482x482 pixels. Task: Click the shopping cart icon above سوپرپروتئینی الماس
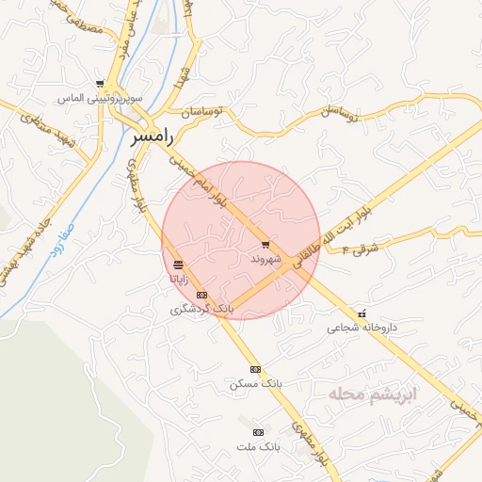click(x=100, y=84)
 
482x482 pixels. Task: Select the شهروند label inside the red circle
click(x=266, y=257)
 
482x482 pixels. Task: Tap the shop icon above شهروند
click(x=266, y=243)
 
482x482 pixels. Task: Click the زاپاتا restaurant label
click(x=179, y=279)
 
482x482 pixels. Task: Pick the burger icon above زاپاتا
click(x=179, y=265)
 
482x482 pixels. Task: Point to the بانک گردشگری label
click(x=201, y=309)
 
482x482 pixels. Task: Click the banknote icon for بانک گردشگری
click(x=201, y=295)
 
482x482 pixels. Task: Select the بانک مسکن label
click(x=255, y=384)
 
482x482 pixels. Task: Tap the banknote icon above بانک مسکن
click(x=255, y=369)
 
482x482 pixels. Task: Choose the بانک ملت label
click(x=259, y=445)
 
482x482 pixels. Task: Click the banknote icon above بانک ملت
click(x=259, y=431)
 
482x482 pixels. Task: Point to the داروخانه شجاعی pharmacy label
click(x=362, y=329)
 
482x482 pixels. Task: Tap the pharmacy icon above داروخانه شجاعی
click(x=362, y=313)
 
